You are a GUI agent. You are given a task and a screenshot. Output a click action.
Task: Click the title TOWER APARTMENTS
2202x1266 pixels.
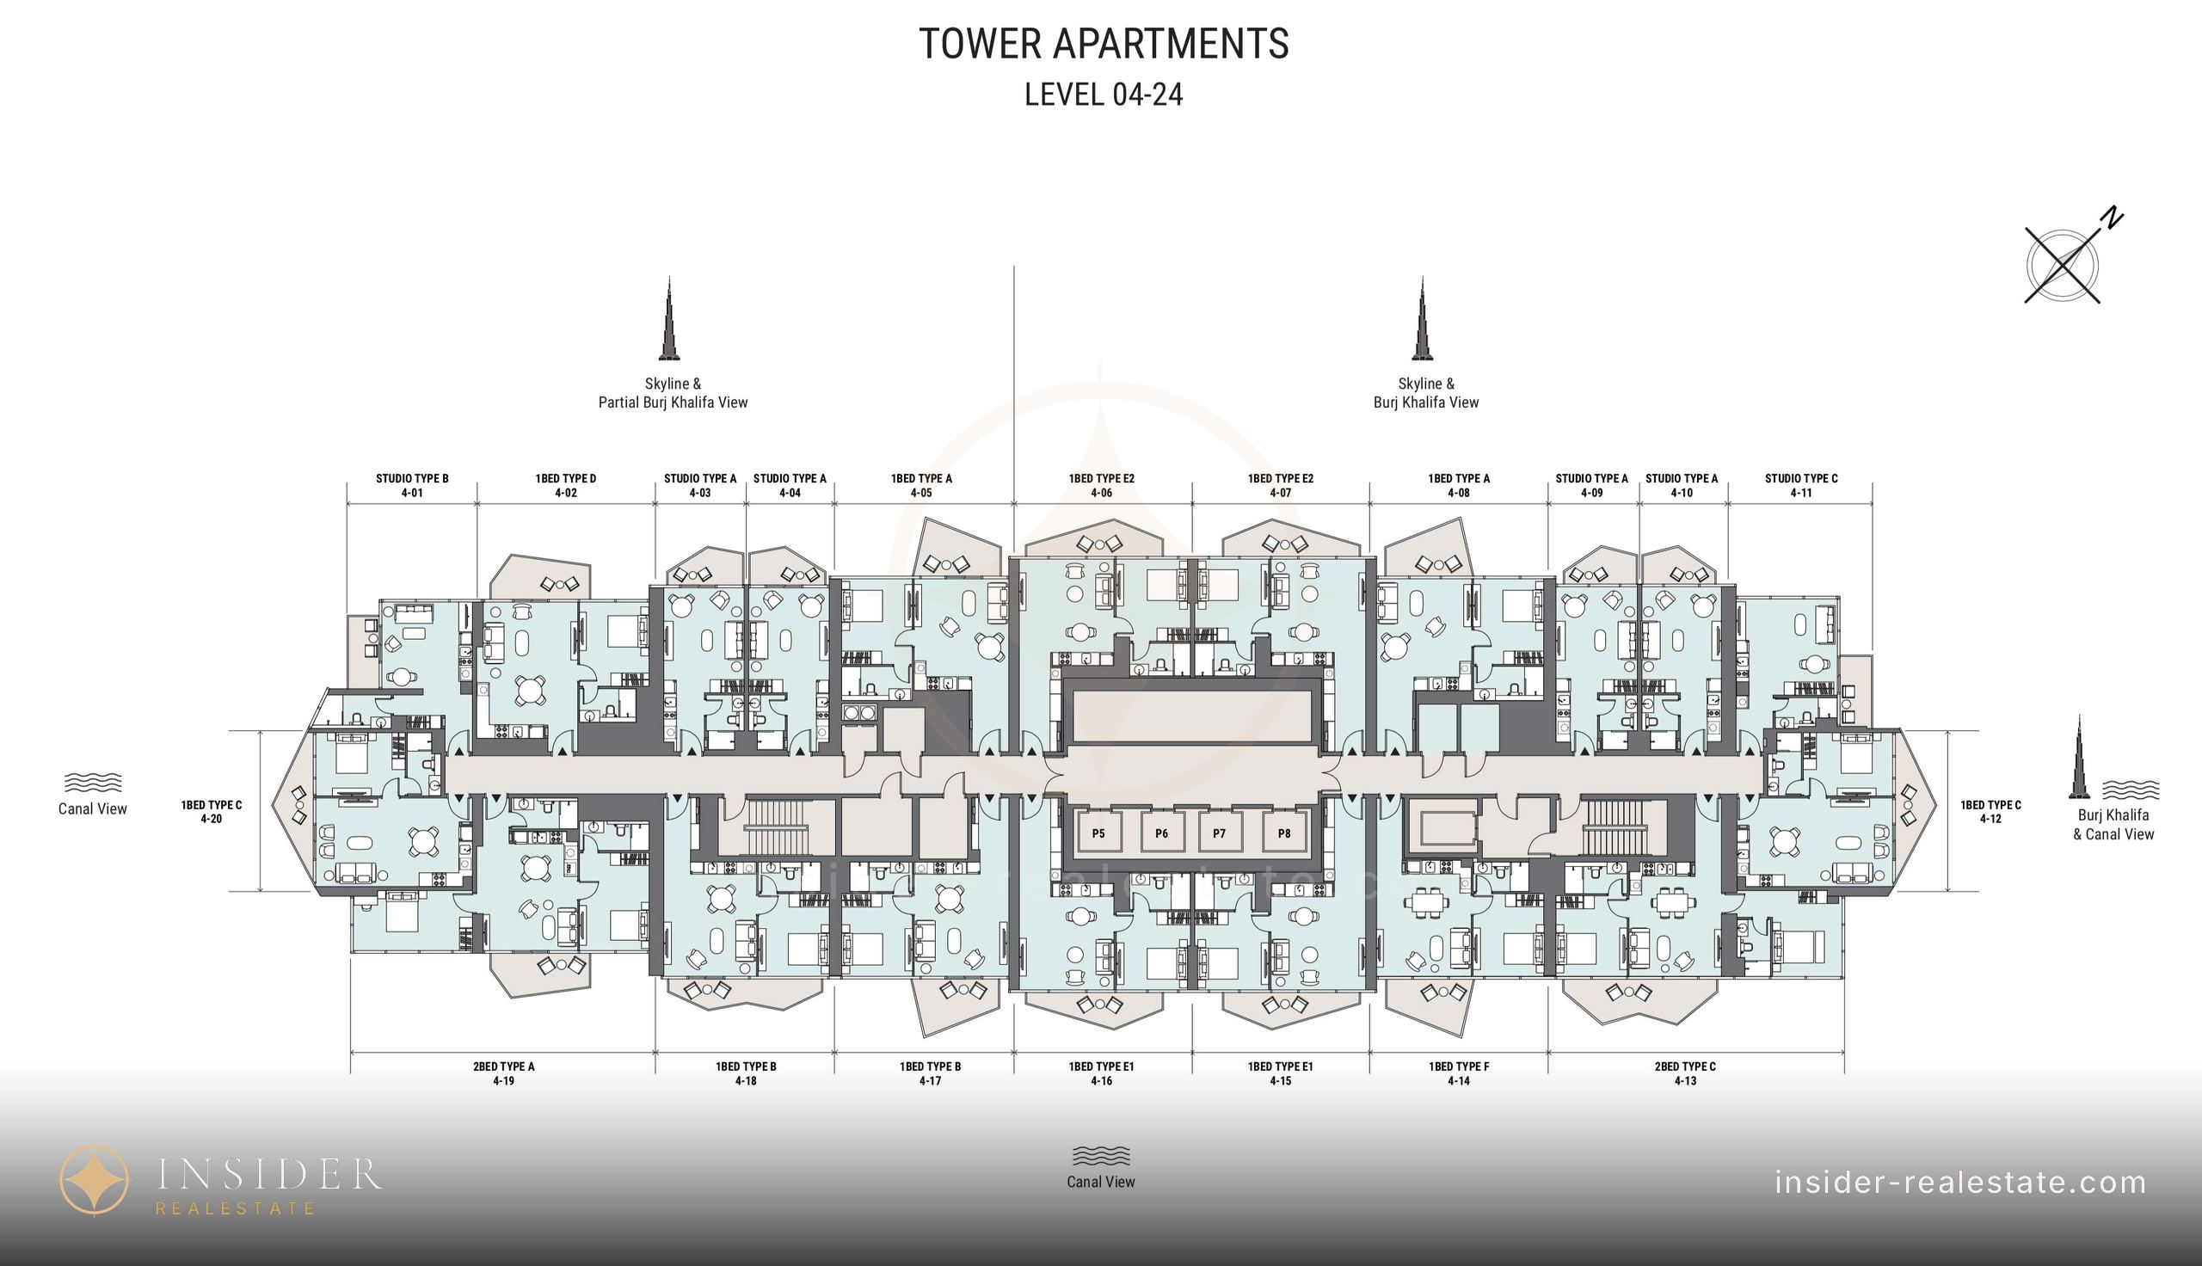pos(1104,44)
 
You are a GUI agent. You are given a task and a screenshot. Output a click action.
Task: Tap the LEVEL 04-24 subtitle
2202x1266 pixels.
pos(1104,94)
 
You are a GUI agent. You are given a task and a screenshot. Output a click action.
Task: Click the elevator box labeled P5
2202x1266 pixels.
pos(1098,833)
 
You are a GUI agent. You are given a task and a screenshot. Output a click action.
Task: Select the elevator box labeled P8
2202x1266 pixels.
pos(1284,833)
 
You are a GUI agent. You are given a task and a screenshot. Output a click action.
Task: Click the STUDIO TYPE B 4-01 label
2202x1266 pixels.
pos(412,485)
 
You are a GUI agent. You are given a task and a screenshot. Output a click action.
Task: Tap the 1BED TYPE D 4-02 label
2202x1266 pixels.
pos(566,485)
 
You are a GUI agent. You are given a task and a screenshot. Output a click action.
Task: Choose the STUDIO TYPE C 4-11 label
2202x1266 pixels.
pos(1801,485)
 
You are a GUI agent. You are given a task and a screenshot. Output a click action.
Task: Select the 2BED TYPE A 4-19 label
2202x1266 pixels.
pos(503,1074)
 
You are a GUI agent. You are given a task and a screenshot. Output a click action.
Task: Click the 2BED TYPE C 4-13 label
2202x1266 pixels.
pos(1685,1074)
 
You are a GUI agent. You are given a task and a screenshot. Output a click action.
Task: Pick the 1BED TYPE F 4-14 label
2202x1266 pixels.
pos(1459,1074)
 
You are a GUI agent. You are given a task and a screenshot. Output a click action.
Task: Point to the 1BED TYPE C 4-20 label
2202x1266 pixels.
pos(212,812)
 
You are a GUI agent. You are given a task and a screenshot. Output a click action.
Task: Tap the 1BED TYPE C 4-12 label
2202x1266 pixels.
pos(1990,812)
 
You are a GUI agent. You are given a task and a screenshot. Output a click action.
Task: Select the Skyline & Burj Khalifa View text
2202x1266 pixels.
pos(1425,393)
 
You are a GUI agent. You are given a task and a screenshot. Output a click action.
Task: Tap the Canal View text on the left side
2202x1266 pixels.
pos(92,808)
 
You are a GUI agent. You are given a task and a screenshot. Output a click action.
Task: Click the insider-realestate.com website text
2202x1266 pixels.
pos(1960,1183)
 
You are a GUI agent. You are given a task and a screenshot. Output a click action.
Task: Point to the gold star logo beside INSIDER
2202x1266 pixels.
pos(94,1179)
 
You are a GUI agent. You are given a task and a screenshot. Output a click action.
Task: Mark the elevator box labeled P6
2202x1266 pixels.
pos(1161,833)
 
